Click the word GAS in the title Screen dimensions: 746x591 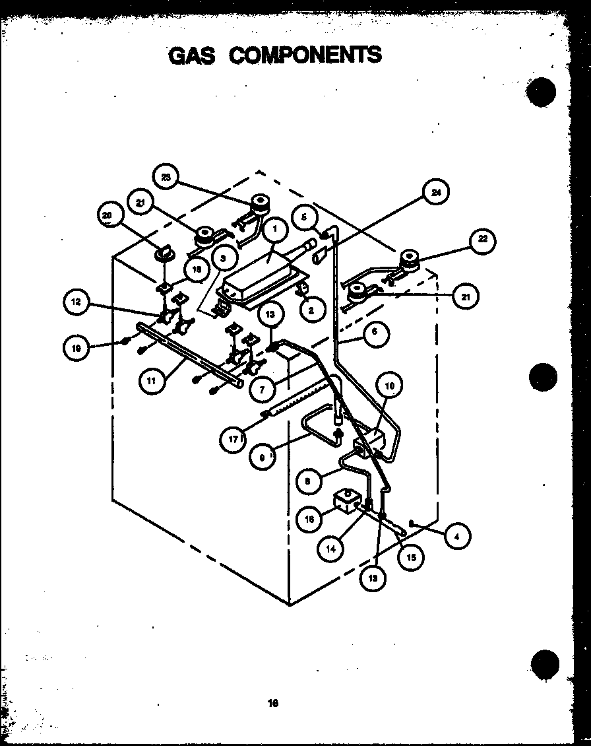click(x=192, y=55)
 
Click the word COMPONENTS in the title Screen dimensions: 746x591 click(x=305, y=54)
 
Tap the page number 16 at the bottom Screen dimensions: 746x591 click(x=273, y=703)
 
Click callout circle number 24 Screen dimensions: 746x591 click(x=436, y=193)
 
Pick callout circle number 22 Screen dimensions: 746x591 click(x=483, y=239)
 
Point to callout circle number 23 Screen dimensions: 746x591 click(x=164, y=177)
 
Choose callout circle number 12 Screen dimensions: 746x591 click(x=77, y=302)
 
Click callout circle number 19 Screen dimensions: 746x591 click(x=77, y=348)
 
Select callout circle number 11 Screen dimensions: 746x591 click(x=152, y=381)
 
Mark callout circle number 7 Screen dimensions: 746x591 click(x=262, y=389)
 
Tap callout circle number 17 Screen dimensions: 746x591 click(x=232, y=440)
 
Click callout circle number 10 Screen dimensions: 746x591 click(x=389, y=385)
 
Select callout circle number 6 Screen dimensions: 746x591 click(x=374, y=332)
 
